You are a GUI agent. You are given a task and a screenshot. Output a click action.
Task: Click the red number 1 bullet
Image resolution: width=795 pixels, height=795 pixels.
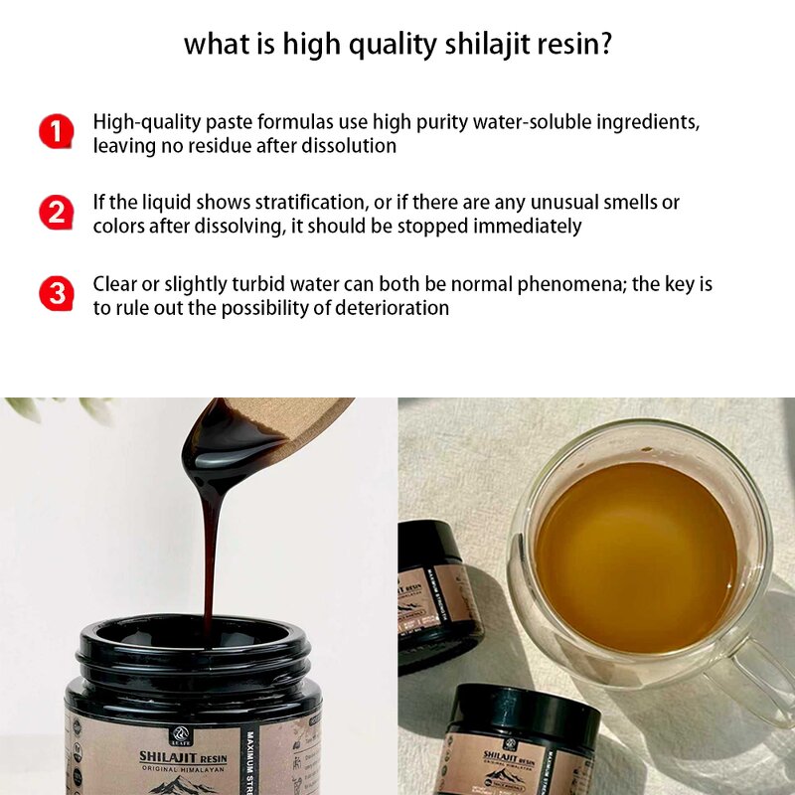(57, 132)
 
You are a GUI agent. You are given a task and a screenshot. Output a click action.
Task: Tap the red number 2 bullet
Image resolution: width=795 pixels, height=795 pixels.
(57, 213)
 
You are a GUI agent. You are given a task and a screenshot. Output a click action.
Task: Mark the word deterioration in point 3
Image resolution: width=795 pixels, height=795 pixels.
(393, 308)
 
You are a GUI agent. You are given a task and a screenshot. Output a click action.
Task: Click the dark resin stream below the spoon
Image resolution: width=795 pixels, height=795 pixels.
(210, 556)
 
